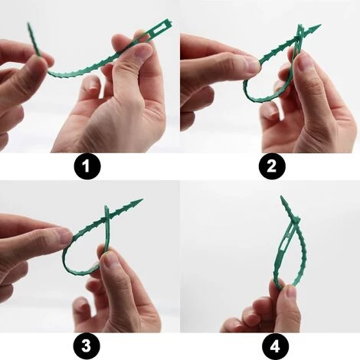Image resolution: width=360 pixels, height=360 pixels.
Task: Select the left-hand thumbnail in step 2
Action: click(253, 67)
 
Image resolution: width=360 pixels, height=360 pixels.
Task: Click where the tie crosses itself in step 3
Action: click(107, 225)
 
